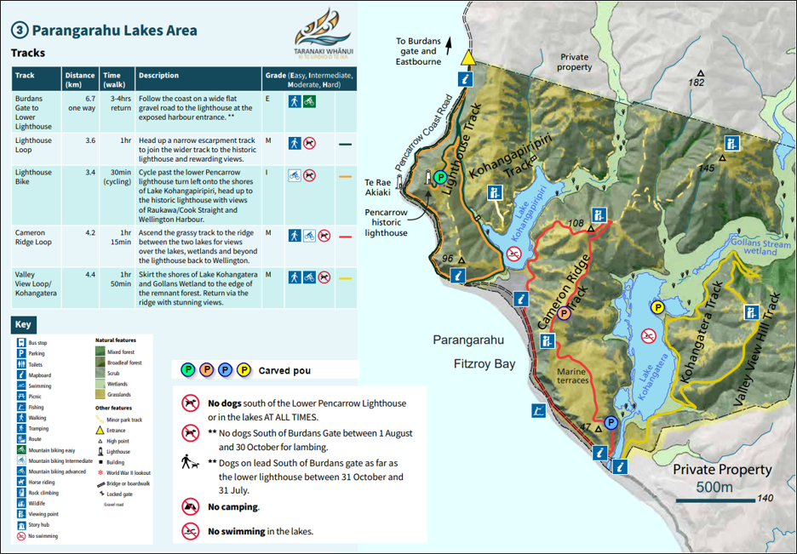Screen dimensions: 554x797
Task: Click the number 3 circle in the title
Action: (x=20, y=31)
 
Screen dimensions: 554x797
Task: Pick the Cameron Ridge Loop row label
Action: (x=33, y=237)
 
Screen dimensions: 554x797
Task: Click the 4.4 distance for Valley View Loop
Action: (x=80, y=275)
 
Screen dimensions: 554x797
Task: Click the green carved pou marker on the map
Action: (x=440, y=177)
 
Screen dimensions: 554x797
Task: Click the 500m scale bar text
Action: (x=714, y=487)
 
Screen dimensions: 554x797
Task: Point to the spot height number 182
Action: (x=697, y=83)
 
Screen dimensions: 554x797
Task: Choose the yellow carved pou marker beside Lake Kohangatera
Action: (x=657, y=307)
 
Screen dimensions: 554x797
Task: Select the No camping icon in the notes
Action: (x=191, y=507)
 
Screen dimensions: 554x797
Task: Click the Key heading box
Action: (x=23, y=325)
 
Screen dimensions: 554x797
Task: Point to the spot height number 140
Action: (x=764, y=499)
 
